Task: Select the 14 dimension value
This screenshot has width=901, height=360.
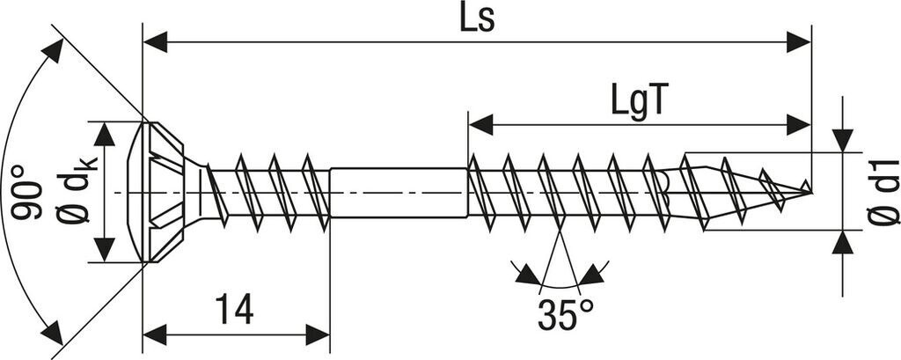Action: [234, 310]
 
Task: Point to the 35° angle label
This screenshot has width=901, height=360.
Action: [566, 314]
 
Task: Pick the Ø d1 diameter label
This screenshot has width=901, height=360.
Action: [882, 192]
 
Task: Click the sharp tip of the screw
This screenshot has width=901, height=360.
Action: [808, 187]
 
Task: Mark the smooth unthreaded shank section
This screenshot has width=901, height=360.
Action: [396, 191]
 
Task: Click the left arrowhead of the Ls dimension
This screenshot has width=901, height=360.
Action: [155, 40]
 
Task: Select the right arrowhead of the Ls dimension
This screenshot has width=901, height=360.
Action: [798, 40]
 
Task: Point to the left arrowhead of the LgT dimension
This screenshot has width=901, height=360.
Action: [480, 125]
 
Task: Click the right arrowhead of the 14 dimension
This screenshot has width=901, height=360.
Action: [318, 334]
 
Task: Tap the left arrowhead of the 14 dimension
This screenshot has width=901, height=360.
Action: [155, 334]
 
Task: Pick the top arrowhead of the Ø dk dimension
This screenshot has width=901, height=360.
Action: [105, 133]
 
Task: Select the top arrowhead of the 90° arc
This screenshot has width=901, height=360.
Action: [53, 50]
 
